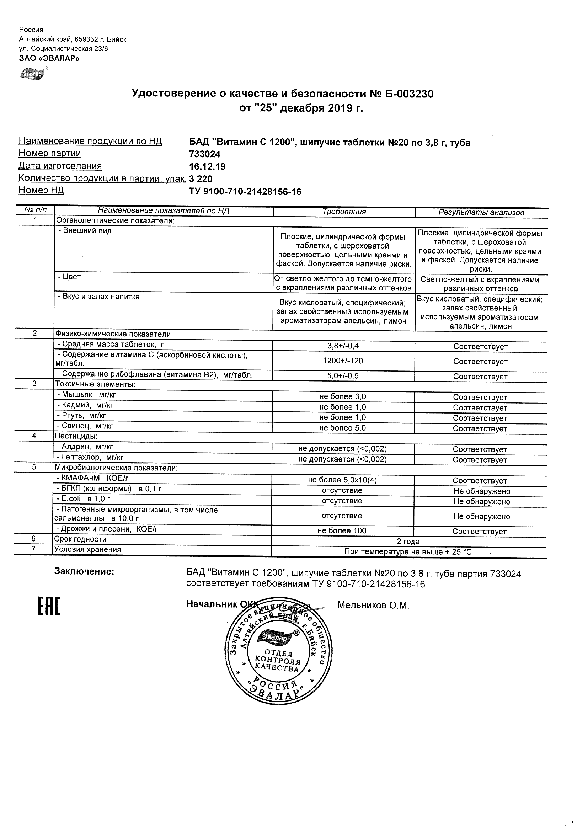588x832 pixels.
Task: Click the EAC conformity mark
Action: [49, 606]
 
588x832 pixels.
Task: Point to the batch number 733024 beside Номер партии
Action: [205, 154]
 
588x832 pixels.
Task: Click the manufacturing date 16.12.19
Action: [207, 167]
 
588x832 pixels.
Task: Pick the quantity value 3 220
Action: [201, 179]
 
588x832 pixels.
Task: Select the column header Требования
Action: [344, 212]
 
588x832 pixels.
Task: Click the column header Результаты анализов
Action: [481, 212]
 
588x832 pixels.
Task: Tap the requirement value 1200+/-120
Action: [343, 361]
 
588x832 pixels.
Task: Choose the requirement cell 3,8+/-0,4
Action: [343, 346]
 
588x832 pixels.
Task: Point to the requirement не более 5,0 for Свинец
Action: [342, 428]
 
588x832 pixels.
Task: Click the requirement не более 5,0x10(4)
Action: [342, 480]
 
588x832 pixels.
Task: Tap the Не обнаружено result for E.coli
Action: [481, 502]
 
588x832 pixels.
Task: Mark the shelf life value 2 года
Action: [408, 542]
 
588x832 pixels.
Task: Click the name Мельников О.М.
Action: [373, 605]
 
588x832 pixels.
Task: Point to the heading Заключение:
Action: [84, 572]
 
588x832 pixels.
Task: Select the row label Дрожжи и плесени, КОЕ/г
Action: [107, 529]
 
